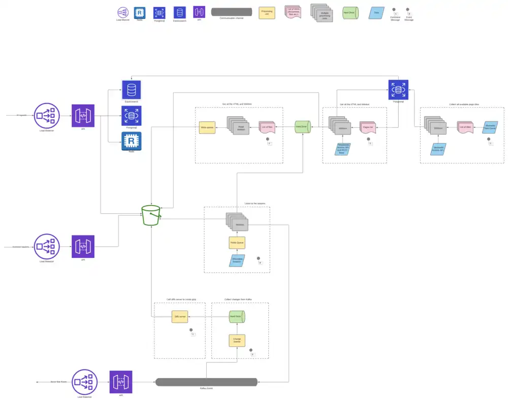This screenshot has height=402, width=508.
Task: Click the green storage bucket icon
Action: tap(151, 215)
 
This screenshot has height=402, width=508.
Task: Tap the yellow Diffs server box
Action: tap(180, 317)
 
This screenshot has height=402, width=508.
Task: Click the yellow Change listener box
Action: tap(237, 340)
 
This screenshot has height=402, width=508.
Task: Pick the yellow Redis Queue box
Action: tap(237, 243)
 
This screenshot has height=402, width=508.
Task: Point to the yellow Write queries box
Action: tap(207, 127)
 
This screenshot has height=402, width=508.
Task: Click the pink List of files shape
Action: tap(267, 127)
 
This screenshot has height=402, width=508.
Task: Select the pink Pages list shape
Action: tap(368, 128)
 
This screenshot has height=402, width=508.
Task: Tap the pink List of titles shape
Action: tap(465, 127)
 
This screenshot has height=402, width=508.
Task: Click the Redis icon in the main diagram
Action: tap(132, 141)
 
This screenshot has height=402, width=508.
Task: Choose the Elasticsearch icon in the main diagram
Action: tap(132, 90)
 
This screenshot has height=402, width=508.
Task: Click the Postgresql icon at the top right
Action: tap(398, 90)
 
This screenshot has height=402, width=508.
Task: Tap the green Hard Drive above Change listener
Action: tap(237, 317)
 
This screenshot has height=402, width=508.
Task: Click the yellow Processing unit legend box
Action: tap(267, 13)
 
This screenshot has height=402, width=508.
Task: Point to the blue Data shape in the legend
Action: tap(376, 13)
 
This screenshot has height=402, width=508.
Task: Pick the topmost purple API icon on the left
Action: tap(83, 116)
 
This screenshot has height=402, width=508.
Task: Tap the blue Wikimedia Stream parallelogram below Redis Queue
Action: tap(237, 260)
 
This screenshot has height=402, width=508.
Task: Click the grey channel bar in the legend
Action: tap(231, 12)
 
